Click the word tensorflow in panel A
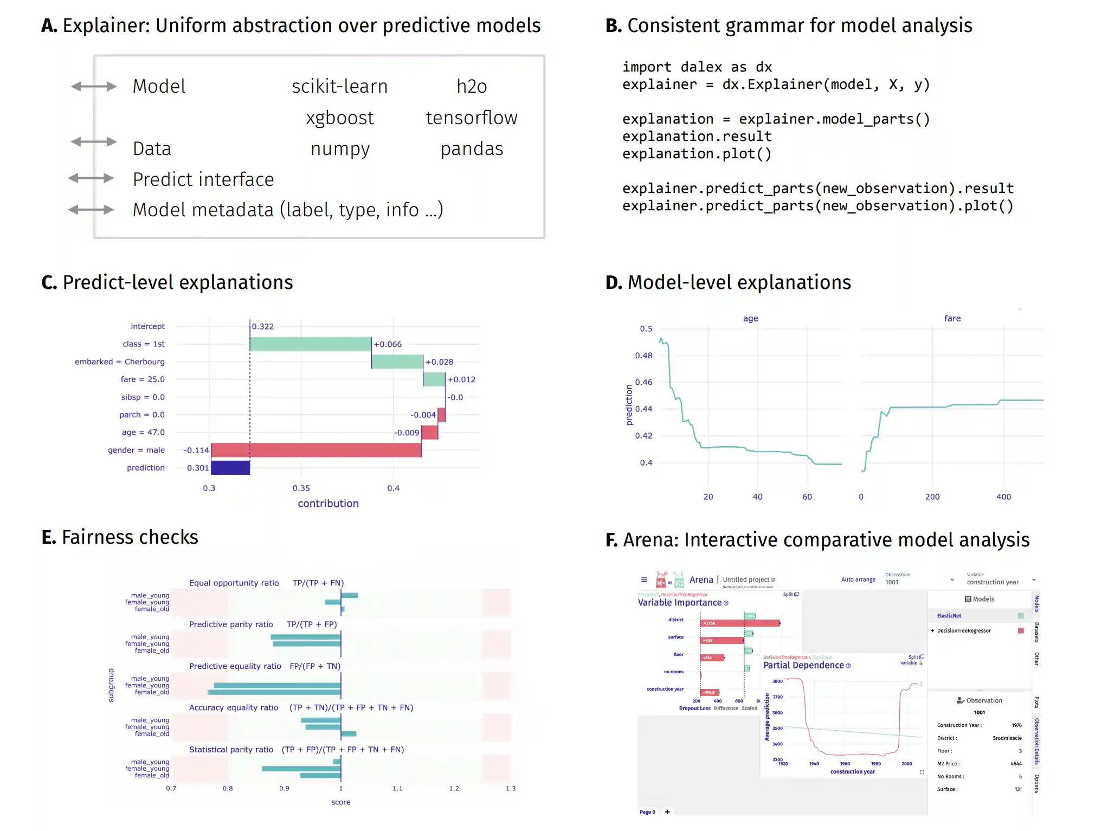[471, 118]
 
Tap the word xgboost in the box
[339, 118]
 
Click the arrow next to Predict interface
[91, 178]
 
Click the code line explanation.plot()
[697, 154]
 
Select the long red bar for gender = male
[315, 450]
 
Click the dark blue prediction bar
[230, 467]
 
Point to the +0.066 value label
[388, 344]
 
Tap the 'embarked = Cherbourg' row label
[119, 362]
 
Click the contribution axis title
[328, 504]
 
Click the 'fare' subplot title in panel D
[952, 318]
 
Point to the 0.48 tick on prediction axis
[643, 356]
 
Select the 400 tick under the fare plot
[1003, 497]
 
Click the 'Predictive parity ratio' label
[231, 624]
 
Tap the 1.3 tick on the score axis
[510, 788]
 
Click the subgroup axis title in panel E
[111, 685]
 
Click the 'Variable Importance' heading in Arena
[679, 603]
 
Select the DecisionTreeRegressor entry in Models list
[963, 631]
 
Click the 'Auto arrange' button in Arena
[858, 579]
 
